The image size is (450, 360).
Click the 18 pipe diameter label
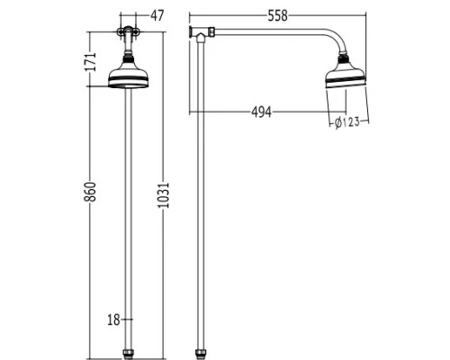[x=112, y=318]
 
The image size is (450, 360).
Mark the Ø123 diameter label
[x=347, y=122]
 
